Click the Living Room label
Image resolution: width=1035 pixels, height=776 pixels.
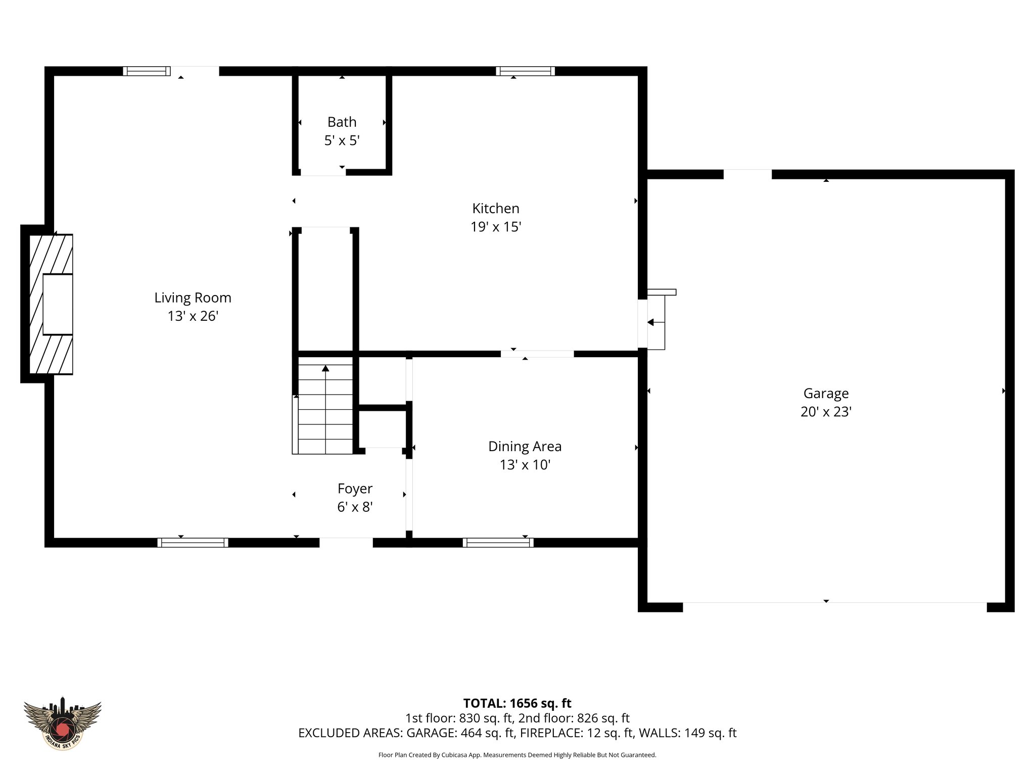(x=193, y=298)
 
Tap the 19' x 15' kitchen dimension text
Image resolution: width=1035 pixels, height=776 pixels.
(x=495, y=227)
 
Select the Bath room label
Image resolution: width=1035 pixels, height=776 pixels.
(x=342, y=122)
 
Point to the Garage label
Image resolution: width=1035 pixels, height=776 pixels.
(x=826, y=393)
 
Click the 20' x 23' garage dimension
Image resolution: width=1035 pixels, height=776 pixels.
(x=826, y=412)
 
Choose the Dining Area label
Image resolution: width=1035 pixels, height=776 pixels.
(x=525, y=446)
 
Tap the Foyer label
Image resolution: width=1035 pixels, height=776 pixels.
(x=355, y=489)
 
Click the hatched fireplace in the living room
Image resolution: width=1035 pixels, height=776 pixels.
(x=51, y=304)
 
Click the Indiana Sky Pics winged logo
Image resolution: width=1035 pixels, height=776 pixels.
(x=63, y=723)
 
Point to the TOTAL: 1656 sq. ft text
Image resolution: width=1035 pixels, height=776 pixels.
(x=517, y=703)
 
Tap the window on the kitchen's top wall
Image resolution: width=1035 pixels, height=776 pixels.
(x=525, y=71)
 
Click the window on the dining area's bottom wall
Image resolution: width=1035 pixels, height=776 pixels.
(x=498, y=543)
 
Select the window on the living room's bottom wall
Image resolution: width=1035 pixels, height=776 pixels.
(x=193, y=543)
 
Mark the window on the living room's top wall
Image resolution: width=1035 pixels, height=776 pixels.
(x=147, y=71)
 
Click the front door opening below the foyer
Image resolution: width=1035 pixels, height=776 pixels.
(x=346, y=543)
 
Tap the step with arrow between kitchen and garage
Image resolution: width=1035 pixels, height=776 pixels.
(x=656, y=322)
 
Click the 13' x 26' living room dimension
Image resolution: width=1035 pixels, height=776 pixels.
(x=193, y=316)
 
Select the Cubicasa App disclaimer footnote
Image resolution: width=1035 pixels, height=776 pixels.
(x=517, y=755)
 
